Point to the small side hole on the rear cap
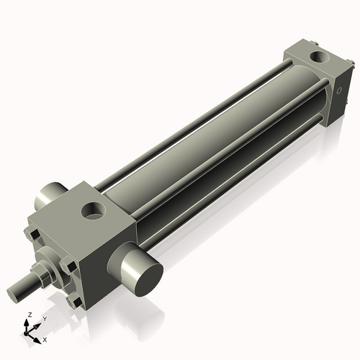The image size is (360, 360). [338, 91]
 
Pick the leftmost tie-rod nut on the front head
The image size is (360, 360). [32, 234]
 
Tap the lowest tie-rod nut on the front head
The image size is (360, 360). [73, 302]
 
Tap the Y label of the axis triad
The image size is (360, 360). [44, 318]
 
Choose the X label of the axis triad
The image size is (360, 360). [45, 338]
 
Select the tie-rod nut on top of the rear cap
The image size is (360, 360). [295, 50]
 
